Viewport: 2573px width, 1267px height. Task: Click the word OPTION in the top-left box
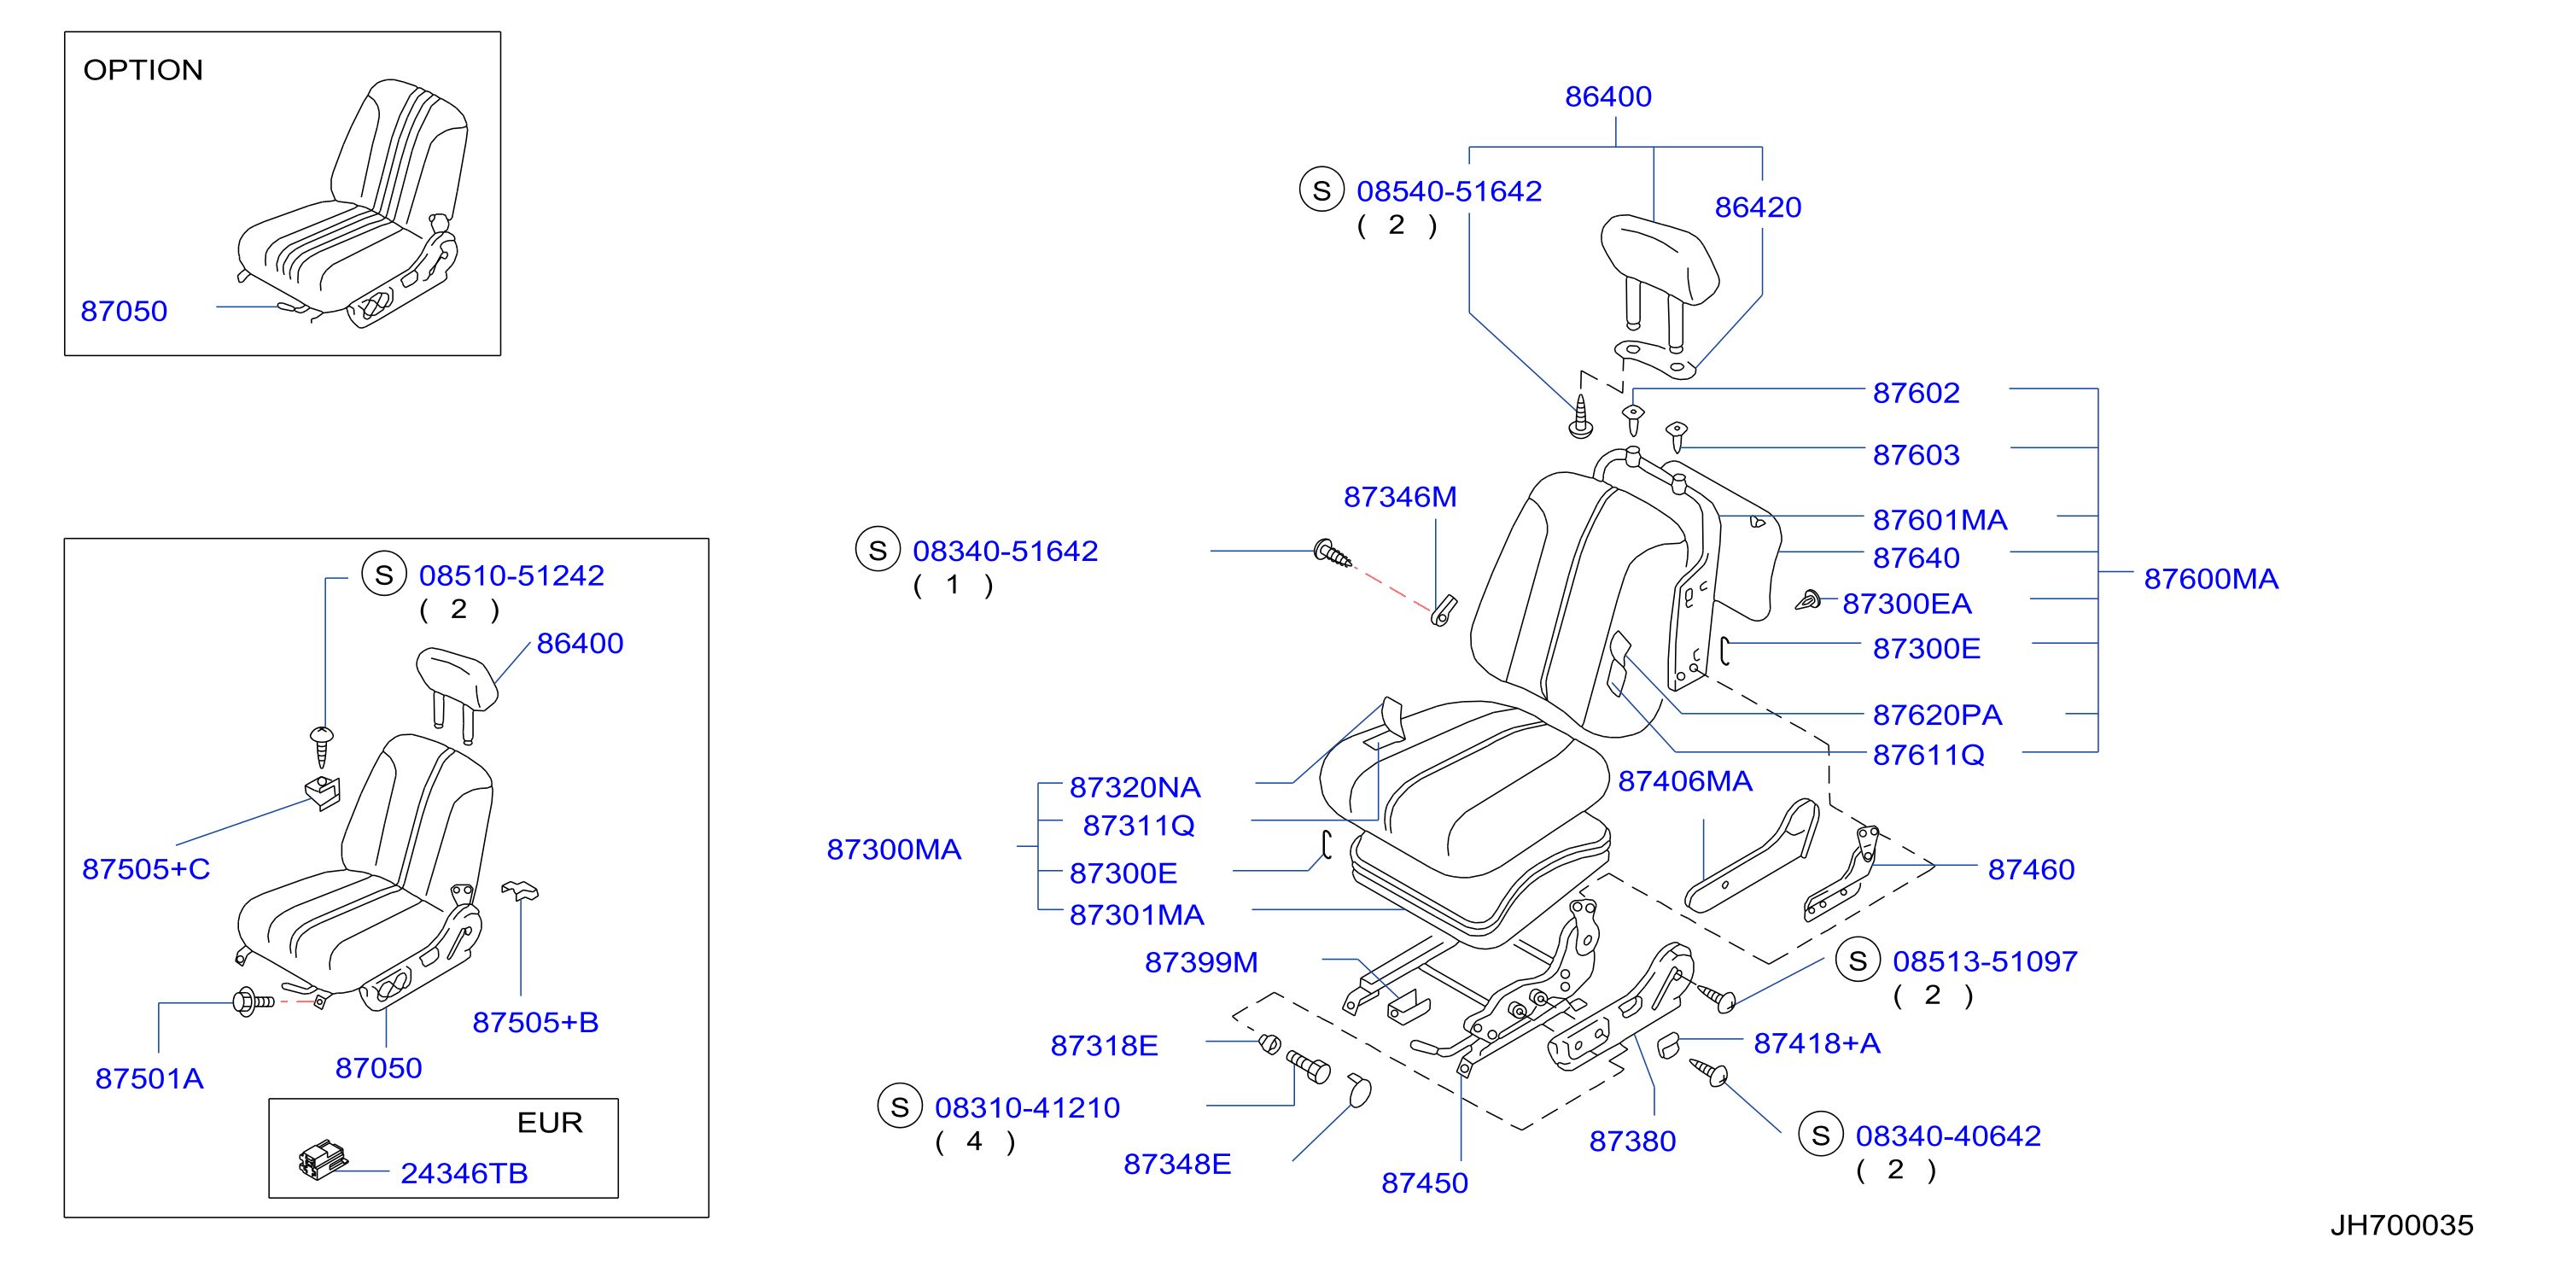click(x=143, y=70)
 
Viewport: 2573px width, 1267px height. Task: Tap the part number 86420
click(x=1758, y=207)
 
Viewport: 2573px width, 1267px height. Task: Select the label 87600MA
click(x=2211, y=579)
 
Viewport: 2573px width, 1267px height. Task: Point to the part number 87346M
click(x=1400, y=497)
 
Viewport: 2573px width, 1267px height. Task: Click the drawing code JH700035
click(x=2402, y=1225)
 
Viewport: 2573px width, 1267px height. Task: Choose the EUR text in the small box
click(x=550, y=1123)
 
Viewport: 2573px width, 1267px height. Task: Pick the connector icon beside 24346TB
click(x=323, y=1160)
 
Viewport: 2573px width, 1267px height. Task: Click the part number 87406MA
click(x=1685, y=781)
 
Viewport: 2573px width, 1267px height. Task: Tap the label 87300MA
click(x=894, y=850)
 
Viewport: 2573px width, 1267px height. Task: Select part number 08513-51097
click(x=1986, y=961)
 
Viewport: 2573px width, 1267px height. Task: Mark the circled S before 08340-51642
click(x=878, y=550)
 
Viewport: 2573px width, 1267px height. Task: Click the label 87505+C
click(x=146, y=868)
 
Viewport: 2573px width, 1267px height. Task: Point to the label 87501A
click(x=150, y=1078)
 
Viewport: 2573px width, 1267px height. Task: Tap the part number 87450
click(x=1424, y=1183)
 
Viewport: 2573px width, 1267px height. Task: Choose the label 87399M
click(x=1202, y=962)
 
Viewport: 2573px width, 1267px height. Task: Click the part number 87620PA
click(x=1938, y=715)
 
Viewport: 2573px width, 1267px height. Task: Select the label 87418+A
click(x=1817, y=1043)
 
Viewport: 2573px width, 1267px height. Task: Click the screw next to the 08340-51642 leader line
click(x=1333, y=553)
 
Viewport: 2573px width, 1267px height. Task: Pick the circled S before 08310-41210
click(x=900, y=1106)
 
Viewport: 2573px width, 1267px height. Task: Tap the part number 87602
click(x=1916, y=393)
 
